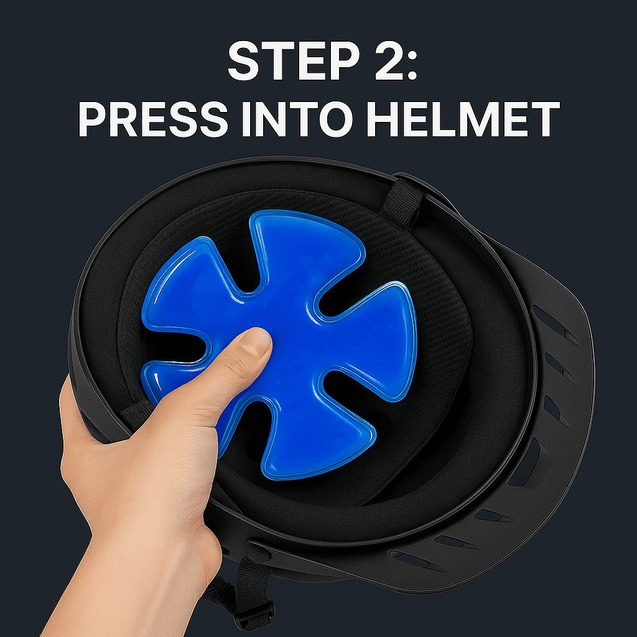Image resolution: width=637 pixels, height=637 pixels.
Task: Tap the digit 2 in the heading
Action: (x=388, y=61)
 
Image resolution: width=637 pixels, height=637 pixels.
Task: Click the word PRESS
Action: (x=153, y=119)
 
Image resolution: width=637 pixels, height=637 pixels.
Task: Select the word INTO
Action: (x=298, y=119)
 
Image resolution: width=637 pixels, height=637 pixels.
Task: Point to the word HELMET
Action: (x=463, y=119)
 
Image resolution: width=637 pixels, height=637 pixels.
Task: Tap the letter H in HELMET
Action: (x=383, y=119)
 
